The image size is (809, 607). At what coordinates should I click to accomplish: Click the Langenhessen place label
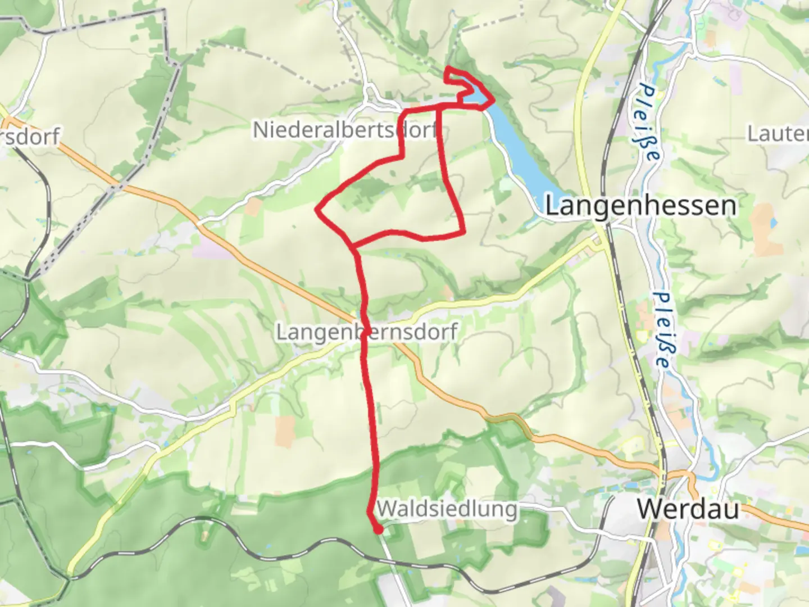640,206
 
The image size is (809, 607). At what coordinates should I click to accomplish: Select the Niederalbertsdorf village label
345,130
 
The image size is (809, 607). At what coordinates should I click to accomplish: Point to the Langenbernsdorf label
367,332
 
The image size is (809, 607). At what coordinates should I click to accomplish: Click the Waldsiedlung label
447,509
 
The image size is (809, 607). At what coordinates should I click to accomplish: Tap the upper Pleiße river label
648,123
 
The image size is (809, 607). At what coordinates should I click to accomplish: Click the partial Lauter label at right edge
778,134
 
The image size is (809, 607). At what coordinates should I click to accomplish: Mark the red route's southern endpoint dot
378,529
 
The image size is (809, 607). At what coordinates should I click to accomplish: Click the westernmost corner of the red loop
317,211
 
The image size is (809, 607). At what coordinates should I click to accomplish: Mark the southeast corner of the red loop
463,231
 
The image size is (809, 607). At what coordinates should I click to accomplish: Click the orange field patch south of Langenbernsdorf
284,431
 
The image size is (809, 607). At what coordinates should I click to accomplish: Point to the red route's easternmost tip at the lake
493,101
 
